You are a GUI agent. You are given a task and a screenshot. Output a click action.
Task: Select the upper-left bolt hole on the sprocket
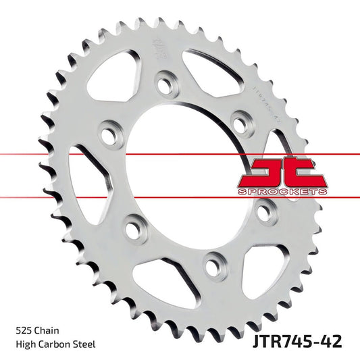(x=108, y=133)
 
